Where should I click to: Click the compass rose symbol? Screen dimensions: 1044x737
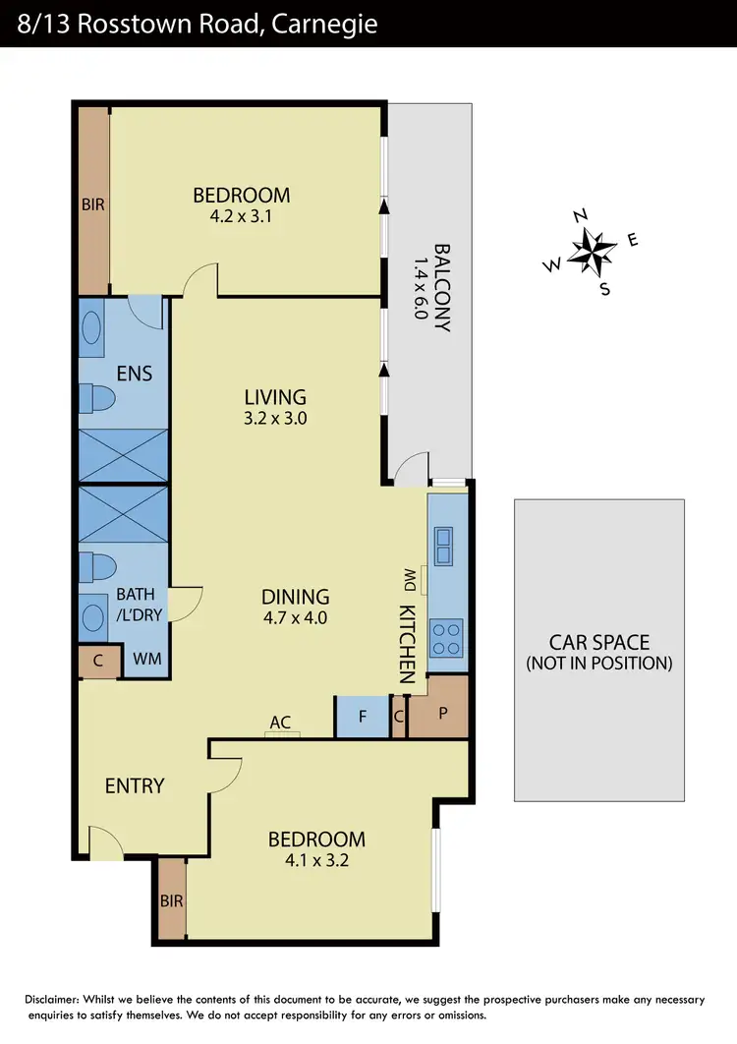591,252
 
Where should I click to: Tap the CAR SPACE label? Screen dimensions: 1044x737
598,643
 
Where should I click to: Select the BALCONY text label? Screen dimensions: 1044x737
441,288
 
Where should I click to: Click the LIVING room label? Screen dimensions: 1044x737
275,397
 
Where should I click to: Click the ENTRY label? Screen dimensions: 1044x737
135,785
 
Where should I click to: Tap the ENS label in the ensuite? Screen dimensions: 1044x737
134,374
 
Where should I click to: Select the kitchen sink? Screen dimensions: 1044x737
444,547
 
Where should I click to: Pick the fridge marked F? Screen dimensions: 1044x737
362,717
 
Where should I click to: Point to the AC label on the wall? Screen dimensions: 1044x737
280,723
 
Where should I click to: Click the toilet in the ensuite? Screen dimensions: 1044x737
99,397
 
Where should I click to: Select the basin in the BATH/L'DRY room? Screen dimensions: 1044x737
94,617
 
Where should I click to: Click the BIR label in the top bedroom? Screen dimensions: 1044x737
93,204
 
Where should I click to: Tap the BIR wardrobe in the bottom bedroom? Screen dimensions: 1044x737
172,899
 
